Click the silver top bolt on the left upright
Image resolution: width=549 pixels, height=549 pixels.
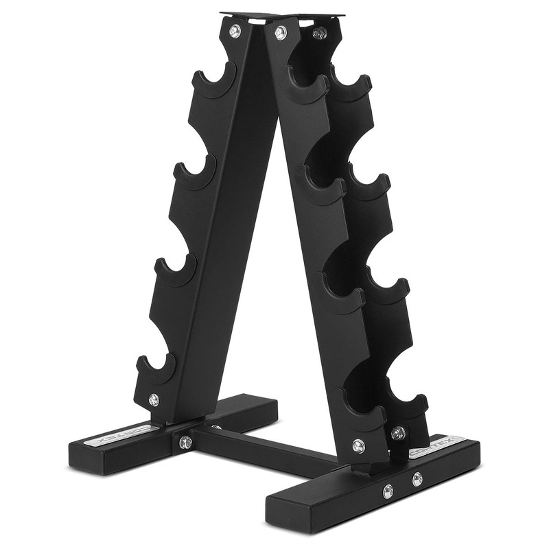coord(235,31)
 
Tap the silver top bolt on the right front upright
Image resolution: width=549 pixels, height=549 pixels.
coord(280,32)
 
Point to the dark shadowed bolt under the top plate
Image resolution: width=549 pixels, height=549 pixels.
coord(319,32)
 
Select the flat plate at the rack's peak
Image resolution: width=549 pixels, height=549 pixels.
coord(281,15)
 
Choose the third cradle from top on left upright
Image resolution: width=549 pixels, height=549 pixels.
coord(176,272)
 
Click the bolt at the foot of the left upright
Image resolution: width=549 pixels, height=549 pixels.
coord(154,399)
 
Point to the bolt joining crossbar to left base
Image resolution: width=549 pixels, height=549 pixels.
coord(185,442)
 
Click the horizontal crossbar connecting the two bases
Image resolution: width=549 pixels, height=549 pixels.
coord(268,447)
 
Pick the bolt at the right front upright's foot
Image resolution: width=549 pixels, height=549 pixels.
coord(358,445)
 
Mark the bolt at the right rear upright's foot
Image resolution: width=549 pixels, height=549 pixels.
coord(398,433)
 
